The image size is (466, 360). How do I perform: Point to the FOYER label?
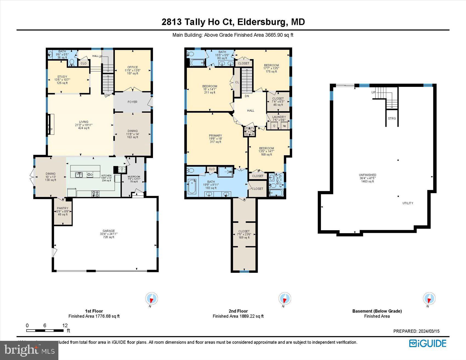point(132,102)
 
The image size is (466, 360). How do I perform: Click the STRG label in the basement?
point(392,118)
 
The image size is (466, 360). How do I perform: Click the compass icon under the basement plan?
point(429,298)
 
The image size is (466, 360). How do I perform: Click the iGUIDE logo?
point(428,343)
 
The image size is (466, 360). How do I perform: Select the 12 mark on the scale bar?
point(65,325)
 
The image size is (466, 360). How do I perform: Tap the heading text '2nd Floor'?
point(238,311)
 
